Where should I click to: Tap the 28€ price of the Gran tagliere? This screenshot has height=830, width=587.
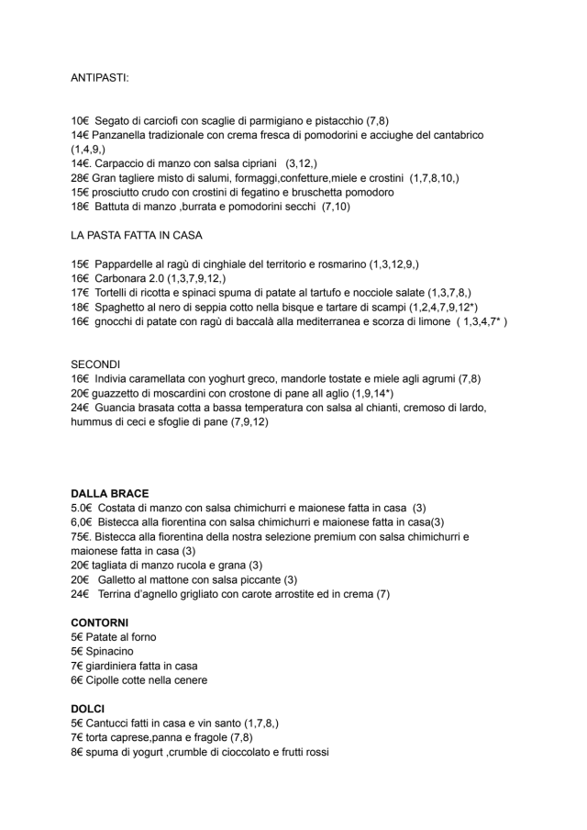[79, 178]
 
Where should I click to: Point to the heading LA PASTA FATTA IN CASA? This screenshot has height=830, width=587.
[136, 236]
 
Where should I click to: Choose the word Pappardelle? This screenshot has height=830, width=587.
[127, 264]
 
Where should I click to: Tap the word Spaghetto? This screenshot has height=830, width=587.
[125, 308]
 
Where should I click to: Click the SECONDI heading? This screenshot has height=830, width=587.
[96, 365]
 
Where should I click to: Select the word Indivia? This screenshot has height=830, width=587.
[113, 379]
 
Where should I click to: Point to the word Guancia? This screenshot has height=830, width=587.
[115, 408]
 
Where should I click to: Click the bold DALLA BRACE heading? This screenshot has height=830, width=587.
[110, 493]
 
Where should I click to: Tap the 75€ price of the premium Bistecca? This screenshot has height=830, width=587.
[80, 536]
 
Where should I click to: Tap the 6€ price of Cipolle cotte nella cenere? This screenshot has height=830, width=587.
[76, 680]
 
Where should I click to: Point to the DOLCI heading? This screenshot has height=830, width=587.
[88, 709]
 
